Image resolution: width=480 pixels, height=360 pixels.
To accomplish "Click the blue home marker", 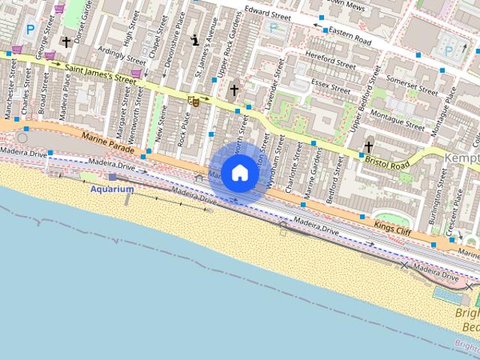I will click(x=239, y=172).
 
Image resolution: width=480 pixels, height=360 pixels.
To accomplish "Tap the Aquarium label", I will click(x=112, y=189).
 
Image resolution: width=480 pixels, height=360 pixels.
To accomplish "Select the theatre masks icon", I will click(x=193, y=100).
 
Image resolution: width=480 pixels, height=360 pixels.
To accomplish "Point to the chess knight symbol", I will click(x=196, y=41).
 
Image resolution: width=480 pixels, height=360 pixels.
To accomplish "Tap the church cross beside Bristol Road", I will click(x=368, y=147).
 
